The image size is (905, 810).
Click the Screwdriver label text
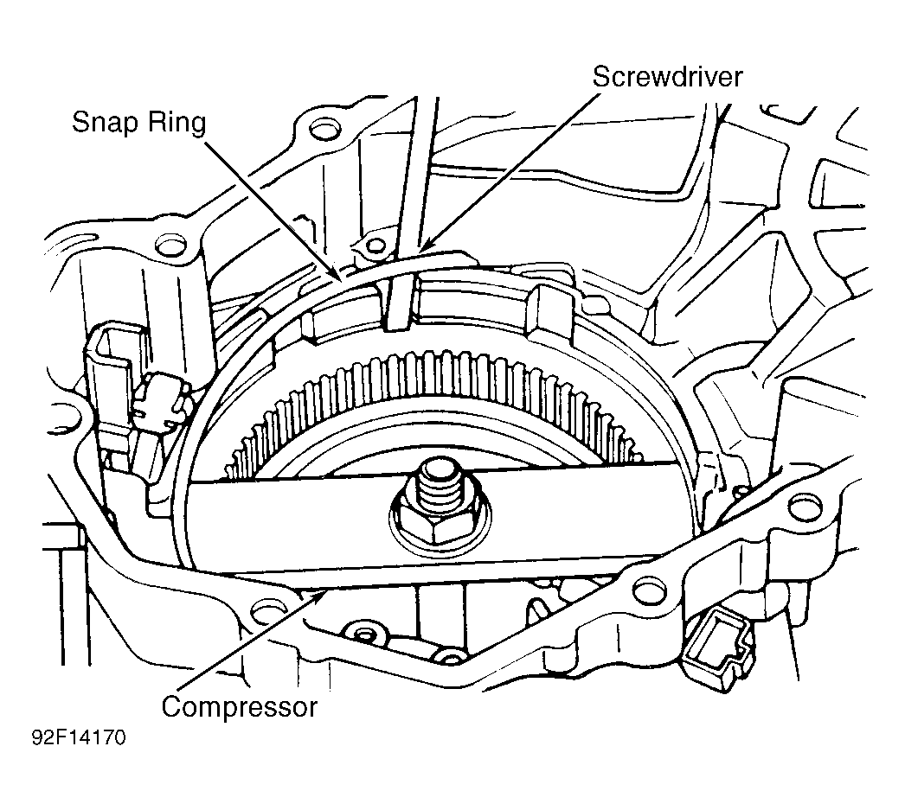click(667, 77)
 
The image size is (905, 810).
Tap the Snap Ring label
click(138, 123)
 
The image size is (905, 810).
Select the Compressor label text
click(239, 707)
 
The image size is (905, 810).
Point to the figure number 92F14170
click(79, 738)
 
